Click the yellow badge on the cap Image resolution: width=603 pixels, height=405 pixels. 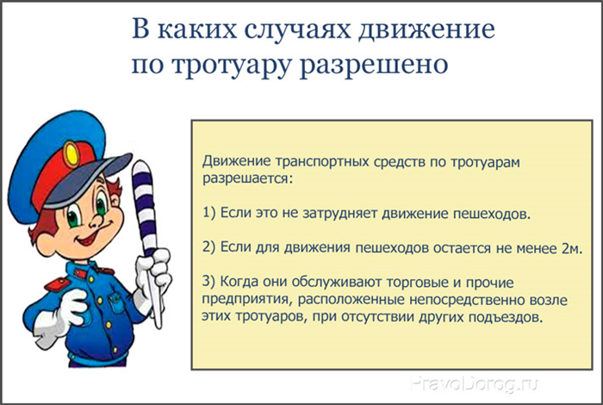(x=71, y=154)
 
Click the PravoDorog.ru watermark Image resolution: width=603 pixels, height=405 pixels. (x=474, y=383)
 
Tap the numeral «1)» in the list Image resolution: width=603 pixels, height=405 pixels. (x=209, y=213)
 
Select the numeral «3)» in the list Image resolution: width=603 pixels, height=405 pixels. (x=209, y=282)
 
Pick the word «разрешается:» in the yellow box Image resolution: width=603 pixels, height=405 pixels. (x=248, y=179)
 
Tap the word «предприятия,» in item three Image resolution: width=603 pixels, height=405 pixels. (x=248, y=300)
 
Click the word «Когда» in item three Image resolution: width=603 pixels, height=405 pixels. (x=239, y=282)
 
